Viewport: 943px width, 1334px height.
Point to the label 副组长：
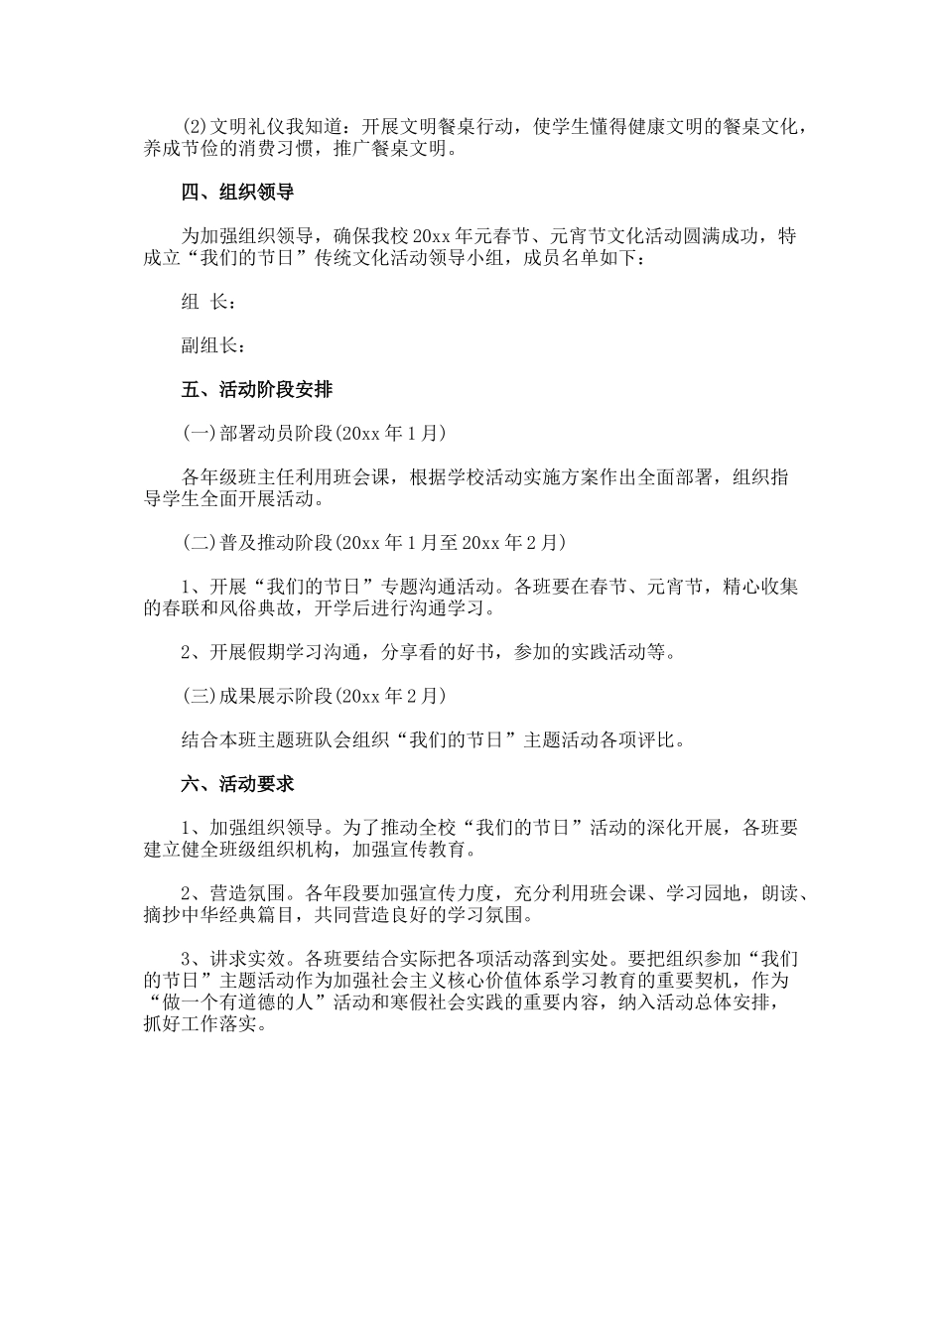click(213, 345)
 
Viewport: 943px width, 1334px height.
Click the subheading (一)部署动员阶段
click(258, 434)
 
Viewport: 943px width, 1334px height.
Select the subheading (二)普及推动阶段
click(258, 543)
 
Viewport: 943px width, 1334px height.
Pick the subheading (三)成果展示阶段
click(258, 696)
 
